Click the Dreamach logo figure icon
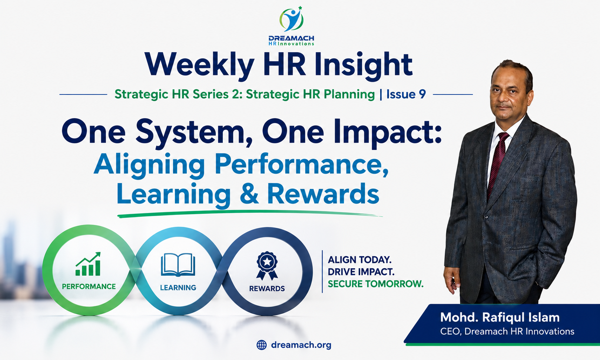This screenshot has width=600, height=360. pos(291,19)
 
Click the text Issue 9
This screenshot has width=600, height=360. pos(406,94)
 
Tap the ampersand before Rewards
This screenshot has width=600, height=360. pos(249,193)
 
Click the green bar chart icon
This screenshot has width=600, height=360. pos(88,264)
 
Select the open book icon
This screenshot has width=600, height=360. pos(178,265)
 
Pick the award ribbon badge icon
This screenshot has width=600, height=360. pos(267,266)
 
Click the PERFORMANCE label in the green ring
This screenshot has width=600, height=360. pos(89,286)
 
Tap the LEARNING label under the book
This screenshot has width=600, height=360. pos(178,288)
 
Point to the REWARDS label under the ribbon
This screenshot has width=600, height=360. pos(267,289)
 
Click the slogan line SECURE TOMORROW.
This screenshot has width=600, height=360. pos(375,284)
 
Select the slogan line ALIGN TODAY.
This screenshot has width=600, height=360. pos(360,260)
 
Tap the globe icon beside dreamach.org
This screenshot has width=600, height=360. pos(262,345)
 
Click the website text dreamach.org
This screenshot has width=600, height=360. pos(301,345)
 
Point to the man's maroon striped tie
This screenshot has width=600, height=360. pos(497,163)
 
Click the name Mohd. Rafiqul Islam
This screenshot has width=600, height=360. pos(500,317)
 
